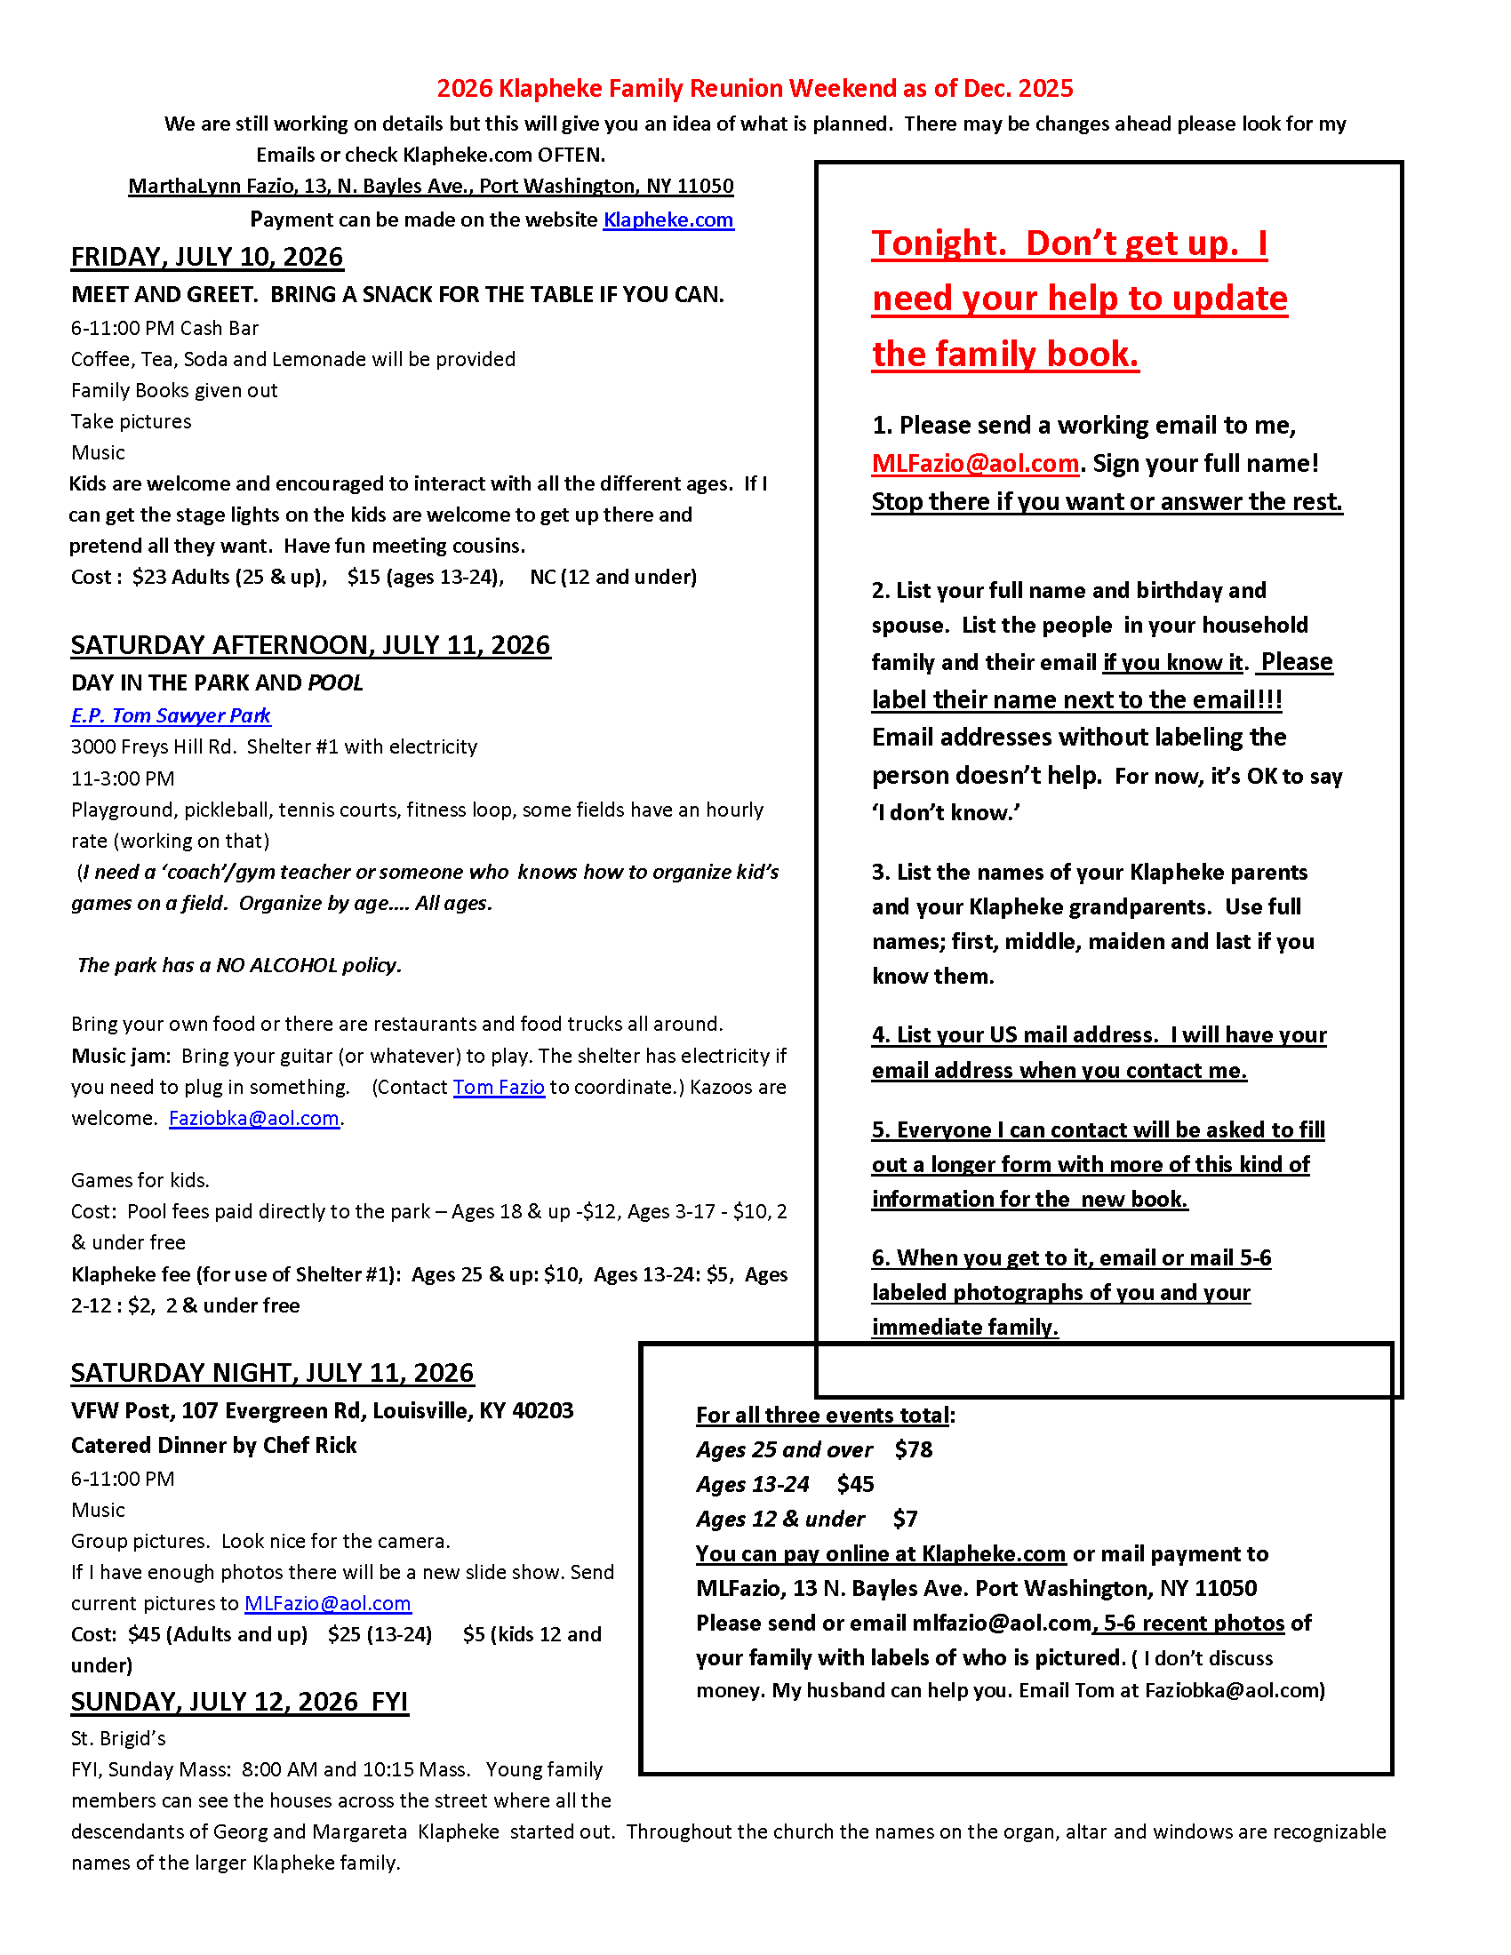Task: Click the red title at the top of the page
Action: tap(754, 89)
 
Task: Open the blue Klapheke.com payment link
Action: tap(668, 220)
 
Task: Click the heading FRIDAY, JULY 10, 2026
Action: tap(207, 258)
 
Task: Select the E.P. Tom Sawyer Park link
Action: tap(170, 716)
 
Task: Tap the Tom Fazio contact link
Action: tap(499, 1088)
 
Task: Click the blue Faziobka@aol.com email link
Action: tap(253, 1119)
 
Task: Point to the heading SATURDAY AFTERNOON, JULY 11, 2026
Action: tap(310, 646)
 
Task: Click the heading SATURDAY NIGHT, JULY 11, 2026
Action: tap(272, 1373)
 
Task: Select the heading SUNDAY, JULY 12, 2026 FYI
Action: tap(239, 1702)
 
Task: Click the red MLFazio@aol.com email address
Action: tap(975, 464)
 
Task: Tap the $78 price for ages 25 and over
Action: tap(913, 1450)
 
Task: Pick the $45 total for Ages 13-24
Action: tap(855, 1485)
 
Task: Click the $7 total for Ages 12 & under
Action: tap(905, 1520)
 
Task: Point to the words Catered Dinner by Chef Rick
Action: tap(214, 1446)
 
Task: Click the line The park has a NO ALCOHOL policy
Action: tap(240, 966)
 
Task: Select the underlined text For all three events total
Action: tap(823, 1416)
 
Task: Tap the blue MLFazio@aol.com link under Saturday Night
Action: tap(328, 1604)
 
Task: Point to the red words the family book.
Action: tap(1005, 355)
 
